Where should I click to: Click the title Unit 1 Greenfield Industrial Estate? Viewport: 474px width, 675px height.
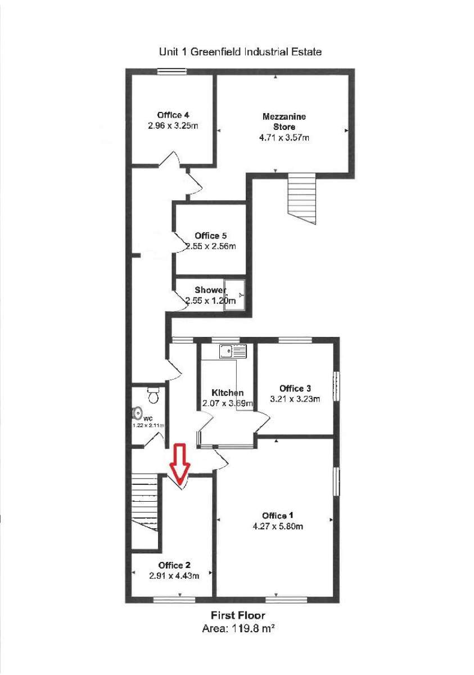click(x=241, y=52)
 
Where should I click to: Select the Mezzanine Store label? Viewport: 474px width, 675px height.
click(x=284, y=121)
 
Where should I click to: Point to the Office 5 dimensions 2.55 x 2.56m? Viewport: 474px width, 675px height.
click(x=211, y=246)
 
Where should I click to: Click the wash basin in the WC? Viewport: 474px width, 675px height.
click(x=137, y=414)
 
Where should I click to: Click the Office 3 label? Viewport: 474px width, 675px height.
click(x=295, y=389)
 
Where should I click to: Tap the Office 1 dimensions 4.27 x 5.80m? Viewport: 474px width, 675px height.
click(x=278, y=526)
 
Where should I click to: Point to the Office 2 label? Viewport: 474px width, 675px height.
click(x=174, y=565)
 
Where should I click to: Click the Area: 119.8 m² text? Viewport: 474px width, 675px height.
click(x=238, y=629)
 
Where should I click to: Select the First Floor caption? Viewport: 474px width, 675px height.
click(x=238, y=615)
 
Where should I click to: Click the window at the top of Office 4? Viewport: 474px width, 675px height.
click(x=171, y=71)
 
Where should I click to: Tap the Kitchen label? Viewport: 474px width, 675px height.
click(x=228, y=393)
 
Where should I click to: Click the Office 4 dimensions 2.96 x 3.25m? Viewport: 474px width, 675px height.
click(x=173, y=126)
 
